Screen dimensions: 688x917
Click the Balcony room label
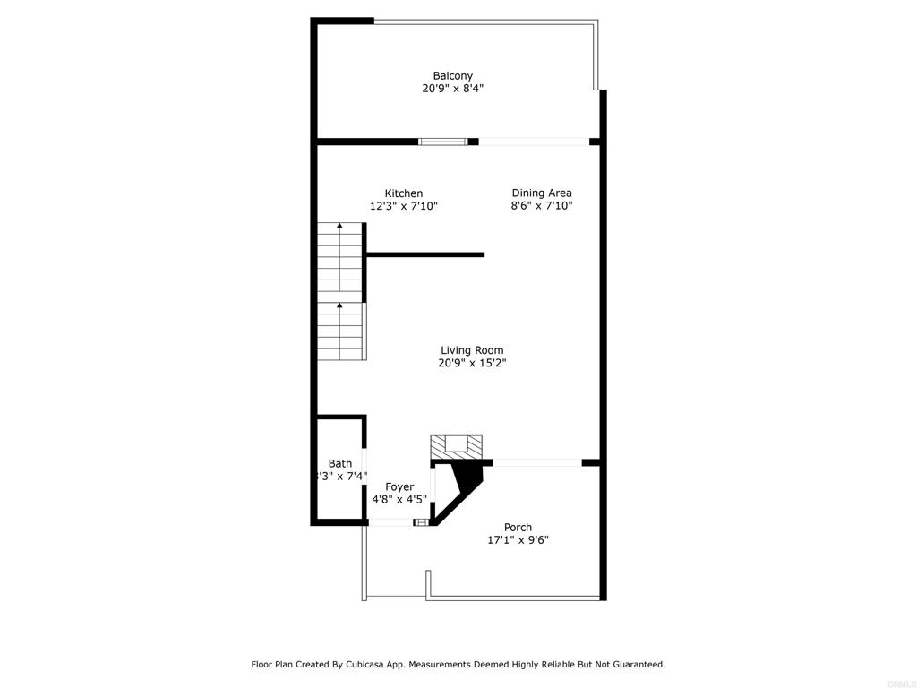452,76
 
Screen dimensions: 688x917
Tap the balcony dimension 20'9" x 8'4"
452,89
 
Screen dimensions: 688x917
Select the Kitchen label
404,193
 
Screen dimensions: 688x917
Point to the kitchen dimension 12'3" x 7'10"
404,206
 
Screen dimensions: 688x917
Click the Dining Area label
542,193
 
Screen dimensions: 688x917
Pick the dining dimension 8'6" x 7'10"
542,206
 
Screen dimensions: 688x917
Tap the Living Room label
472,350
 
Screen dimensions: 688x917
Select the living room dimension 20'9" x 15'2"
472,363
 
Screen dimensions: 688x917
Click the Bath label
340,463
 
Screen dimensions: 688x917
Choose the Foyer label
399,486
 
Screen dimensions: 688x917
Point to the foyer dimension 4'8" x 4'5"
399,499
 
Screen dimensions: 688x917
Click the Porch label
518,528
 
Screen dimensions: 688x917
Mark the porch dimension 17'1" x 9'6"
518,540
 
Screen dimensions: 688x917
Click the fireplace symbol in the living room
457,445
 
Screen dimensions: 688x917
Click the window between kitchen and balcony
443,141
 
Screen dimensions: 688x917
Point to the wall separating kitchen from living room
425,254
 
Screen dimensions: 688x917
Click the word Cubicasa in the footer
386,665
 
